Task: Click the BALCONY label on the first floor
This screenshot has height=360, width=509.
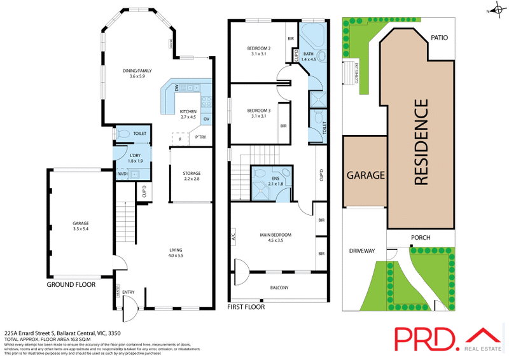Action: (x=279, y=288)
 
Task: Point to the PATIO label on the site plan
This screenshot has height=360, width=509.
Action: (x=439, y=38)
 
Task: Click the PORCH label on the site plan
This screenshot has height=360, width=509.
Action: (x=420, y=238)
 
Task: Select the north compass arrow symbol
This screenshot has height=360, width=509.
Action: (x=491, y=10)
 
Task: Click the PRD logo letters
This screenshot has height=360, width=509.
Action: (x=422, y=337)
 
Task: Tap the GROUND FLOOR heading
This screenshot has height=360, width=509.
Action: (x=71, y=285)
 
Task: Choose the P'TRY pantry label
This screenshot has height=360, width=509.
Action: (x=200, y=137)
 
